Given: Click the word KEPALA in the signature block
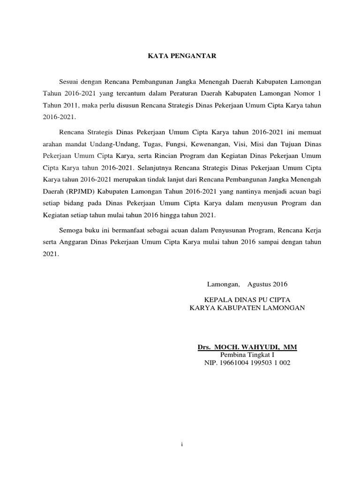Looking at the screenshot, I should [216, 299].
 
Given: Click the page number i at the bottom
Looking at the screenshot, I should [181, 444].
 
